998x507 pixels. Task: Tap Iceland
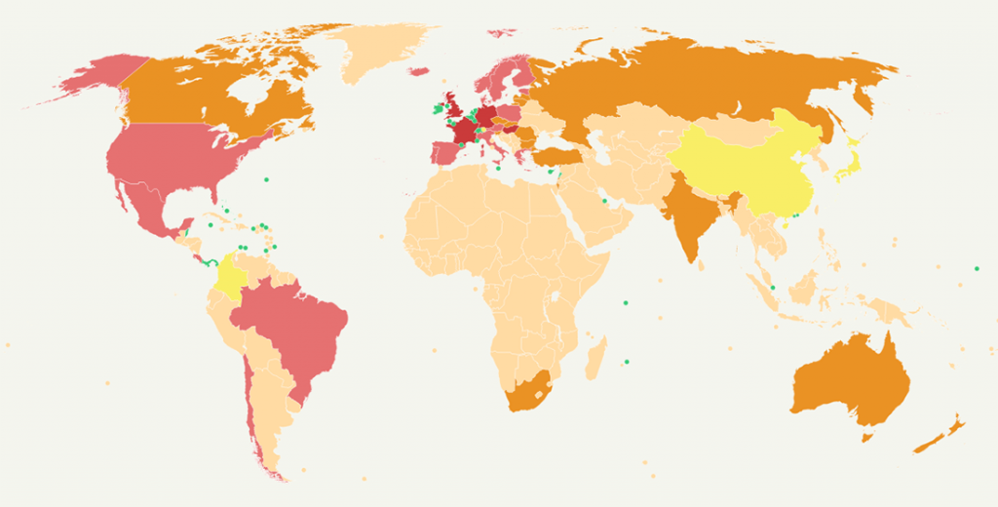pos(419,71)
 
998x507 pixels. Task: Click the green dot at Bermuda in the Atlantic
pos(266,179)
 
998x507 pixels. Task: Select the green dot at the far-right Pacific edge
pos(976,269)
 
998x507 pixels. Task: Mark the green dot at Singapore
pos(772,288)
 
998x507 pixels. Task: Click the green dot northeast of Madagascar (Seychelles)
pos(626,301)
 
